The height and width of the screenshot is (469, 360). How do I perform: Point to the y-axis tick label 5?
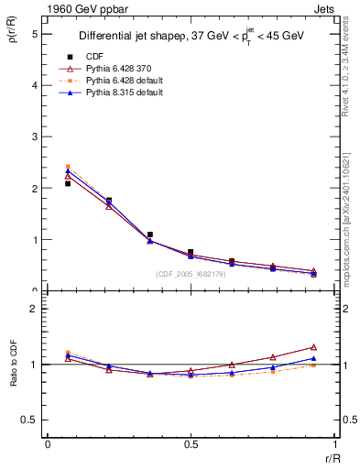click(34, 34)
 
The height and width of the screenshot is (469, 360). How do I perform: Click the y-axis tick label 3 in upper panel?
click(34, 136)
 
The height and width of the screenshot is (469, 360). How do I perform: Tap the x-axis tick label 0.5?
click(191, 444)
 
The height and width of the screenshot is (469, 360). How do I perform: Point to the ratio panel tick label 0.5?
click(30, 420)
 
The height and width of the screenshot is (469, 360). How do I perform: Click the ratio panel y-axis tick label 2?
click(34, 310)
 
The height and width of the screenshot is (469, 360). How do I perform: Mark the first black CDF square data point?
click(68, 183)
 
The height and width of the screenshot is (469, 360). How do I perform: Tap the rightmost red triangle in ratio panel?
click(313, 347)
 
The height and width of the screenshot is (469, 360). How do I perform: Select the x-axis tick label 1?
click(334, 444)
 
